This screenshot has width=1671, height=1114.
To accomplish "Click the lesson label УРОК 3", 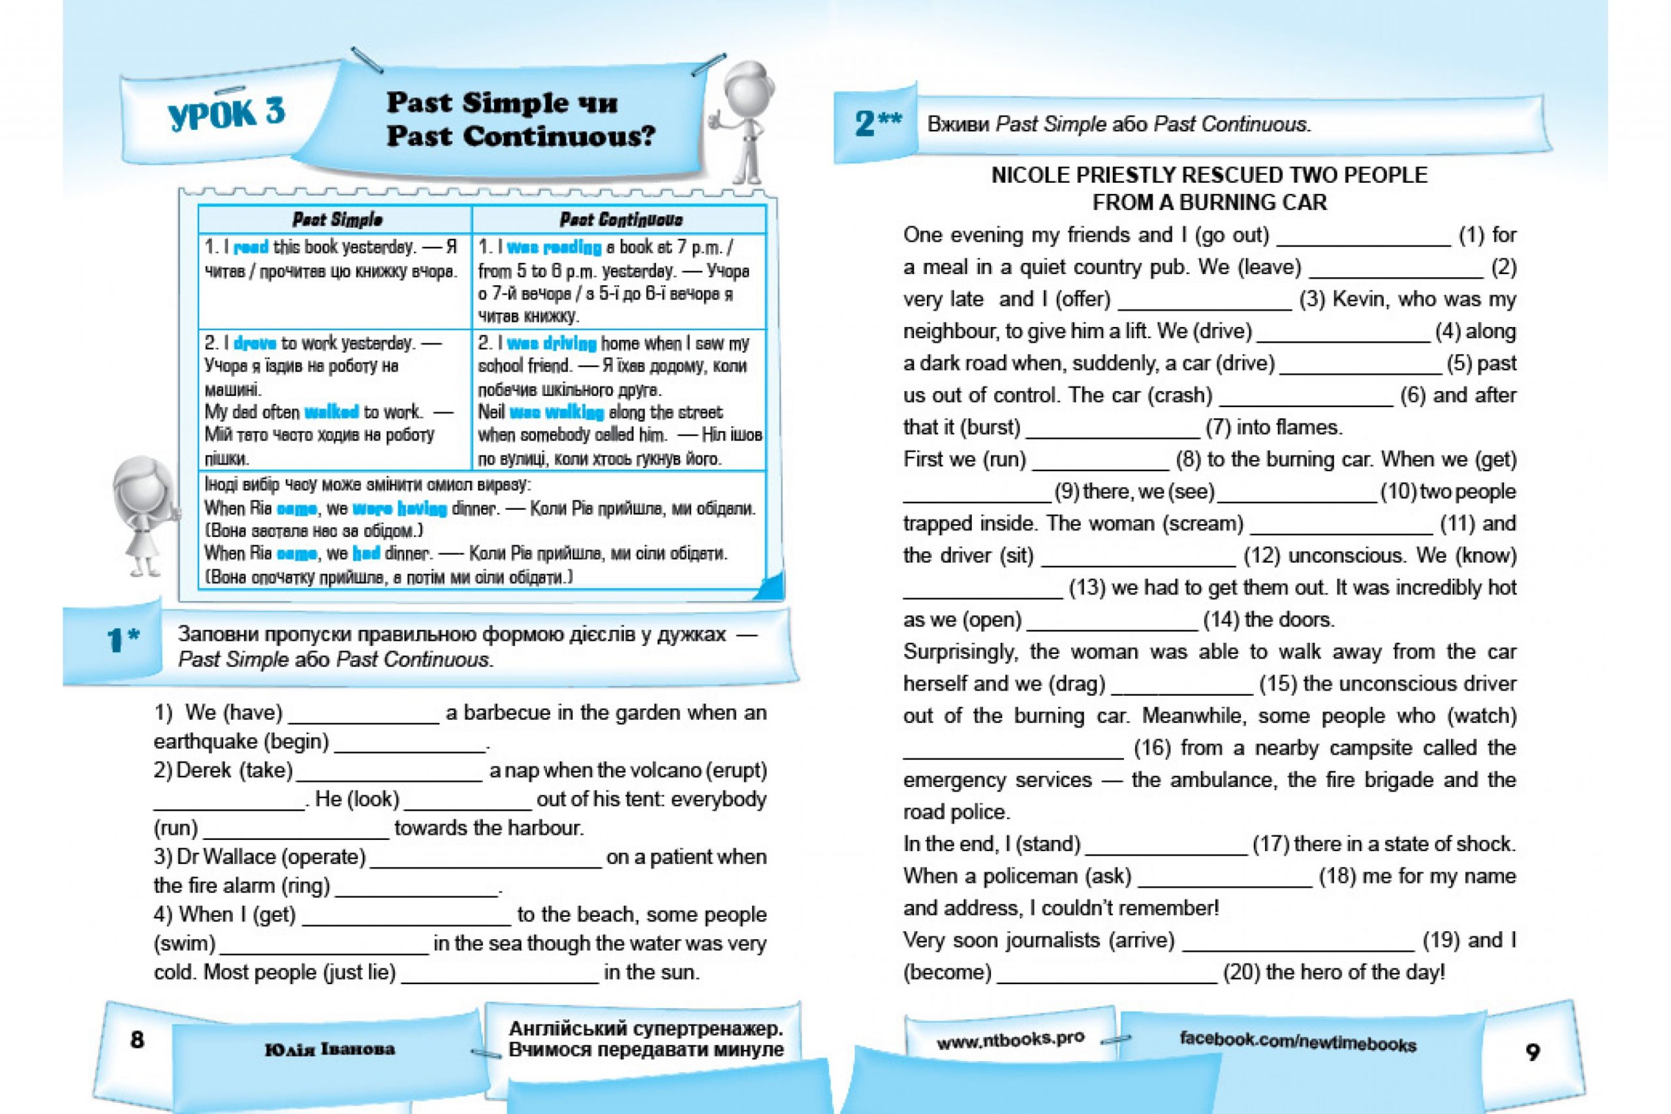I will (x=226, y=114).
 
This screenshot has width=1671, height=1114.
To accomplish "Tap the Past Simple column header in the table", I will (x=337, y=219).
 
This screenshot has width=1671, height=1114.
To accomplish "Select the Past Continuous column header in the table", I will (x=620, y=219).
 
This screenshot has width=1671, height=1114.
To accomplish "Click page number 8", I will (x=137, y=1040).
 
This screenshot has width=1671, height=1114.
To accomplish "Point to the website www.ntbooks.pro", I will (x=1010, y=1040).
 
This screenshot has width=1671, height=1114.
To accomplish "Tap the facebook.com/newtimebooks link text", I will (x=1297, y=1042).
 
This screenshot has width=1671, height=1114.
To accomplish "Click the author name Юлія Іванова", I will (x=330, y=1049).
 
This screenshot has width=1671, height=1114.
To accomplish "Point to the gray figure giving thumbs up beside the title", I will (x=742, y=121).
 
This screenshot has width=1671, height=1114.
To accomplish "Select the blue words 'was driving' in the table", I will (x=552, y=344).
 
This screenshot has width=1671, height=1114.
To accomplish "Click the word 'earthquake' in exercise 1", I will (x=206, y=742).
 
